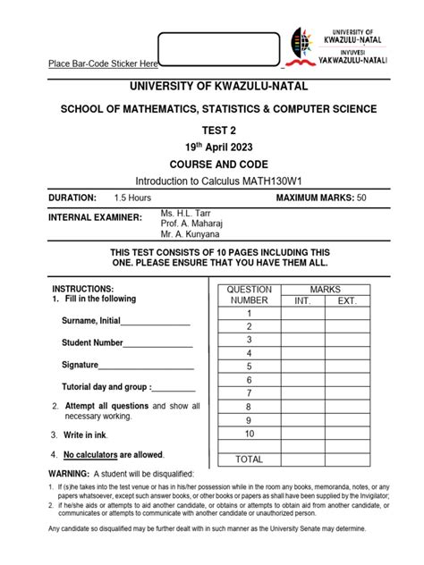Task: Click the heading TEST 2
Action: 213,129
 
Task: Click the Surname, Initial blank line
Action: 156,324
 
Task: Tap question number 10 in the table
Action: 250,434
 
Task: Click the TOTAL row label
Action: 250,460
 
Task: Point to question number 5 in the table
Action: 250,366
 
